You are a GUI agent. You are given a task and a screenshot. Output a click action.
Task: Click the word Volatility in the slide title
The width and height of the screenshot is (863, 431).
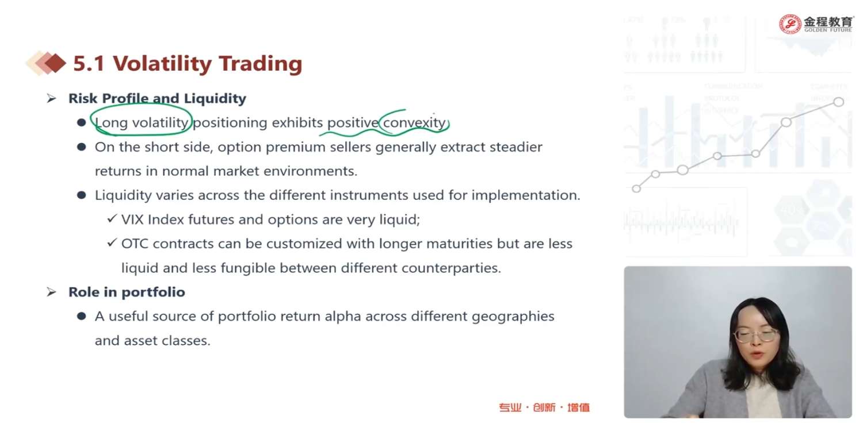tap(162, 63)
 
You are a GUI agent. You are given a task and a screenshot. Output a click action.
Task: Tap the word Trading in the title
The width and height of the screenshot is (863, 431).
tap(261, 63)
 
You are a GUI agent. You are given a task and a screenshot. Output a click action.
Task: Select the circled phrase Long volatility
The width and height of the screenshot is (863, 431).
tap(142, 122)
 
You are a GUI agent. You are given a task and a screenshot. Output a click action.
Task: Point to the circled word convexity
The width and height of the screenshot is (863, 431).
tap(415, 122)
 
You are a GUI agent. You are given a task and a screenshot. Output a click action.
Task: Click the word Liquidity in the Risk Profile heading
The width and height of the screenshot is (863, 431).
tap(215, 98)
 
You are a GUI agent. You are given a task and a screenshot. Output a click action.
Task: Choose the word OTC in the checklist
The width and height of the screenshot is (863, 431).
tap(135, 244)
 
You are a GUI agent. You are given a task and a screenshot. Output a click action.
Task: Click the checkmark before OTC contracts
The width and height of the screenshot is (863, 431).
tap(112, 243)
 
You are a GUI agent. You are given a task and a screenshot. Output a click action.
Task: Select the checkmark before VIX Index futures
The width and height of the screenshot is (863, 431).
tap(112, 218)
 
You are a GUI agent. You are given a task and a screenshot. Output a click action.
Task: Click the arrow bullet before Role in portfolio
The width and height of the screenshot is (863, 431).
tap(52, 292)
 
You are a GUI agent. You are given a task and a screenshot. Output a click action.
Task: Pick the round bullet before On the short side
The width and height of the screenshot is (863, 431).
tap(81, 147)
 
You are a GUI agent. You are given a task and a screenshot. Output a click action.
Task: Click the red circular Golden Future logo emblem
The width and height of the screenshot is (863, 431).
tap(790, 24)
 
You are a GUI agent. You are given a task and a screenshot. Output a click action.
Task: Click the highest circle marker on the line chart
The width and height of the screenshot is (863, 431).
tap(839, 102)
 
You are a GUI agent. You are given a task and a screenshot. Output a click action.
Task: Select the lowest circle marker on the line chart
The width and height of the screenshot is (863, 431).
tap(636, 188)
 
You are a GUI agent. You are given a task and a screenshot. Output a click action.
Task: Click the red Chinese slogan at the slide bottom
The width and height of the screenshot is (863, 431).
tap(544, 407)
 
